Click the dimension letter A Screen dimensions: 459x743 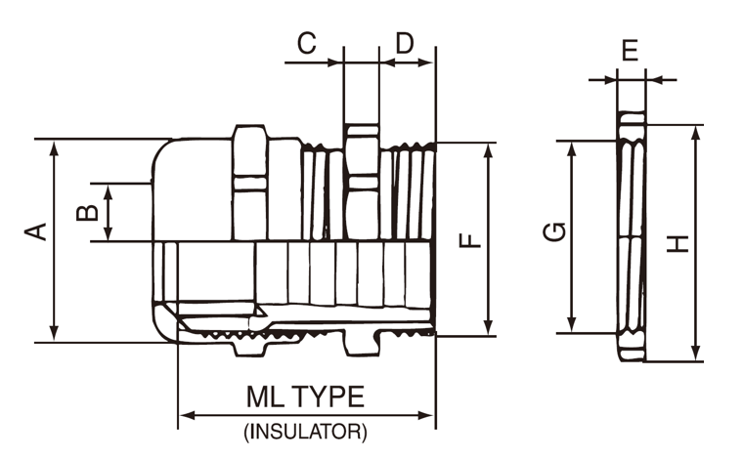37,231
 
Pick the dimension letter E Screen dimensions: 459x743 631,50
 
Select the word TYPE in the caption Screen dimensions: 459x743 328,396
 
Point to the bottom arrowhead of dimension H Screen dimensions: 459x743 696,354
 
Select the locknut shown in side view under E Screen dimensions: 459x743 632,239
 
